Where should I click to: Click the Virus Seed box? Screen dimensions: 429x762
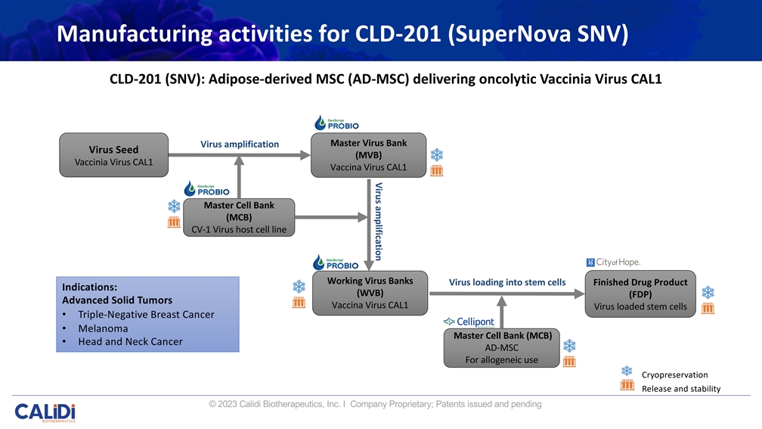(113, 155)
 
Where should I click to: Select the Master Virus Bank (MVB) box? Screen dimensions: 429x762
(368, 155)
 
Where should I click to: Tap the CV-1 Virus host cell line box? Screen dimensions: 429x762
(238, 217)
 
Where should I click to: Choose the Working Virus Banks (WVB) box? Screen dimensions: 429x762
(370, 293)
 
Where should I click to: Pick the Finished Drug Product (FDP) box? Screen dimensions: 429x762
(640, 294)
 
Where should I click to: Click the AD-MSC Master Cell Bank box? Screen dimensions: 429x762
(502, 347)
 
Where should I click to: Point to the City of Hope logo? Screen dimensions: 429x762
(613, 262)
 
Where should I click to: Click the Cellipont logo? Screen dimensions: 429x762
(469, 322)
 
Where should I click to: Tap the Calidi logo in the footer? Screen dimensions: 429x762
(45, 413)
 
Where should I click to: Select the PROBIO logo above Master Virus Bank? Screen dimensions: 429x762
(336, 123)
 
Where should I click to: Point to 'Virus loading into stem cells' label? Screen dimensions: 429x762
(507, 282)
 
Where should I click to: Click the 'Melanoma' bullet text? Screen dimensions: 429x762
(103, 328)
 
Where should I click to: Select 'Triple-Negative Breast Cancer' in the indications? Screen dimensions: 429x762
(146, 314)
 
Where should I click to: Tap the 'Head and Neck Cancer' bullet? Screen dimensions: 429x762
(130, 342)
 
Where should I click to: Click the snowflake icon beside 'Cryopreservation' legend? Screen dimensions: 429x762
(627, 371)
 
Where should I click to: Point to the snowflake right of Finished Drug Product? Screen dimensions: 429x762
(708, 292)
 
